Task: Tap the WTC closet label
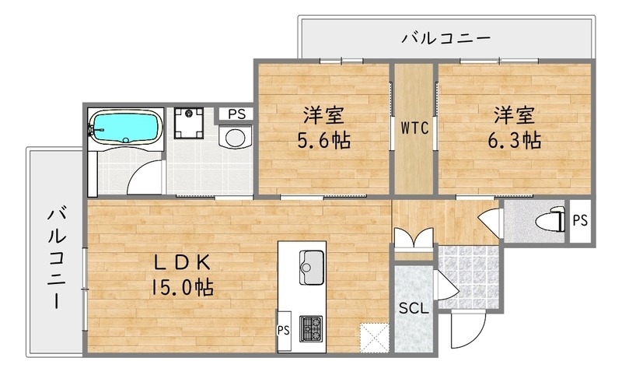[415, 129]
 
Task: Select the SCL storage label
[413, 307]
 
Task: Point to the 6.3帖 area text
[515, 141]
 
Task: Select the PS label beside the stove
[283, 329]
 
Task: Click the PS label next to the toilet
[579, 220]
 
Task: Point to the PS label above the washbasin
[236, 114]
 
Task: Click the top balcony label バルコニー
[446, 37]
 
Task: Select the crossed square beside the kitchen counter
[374, 338]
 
